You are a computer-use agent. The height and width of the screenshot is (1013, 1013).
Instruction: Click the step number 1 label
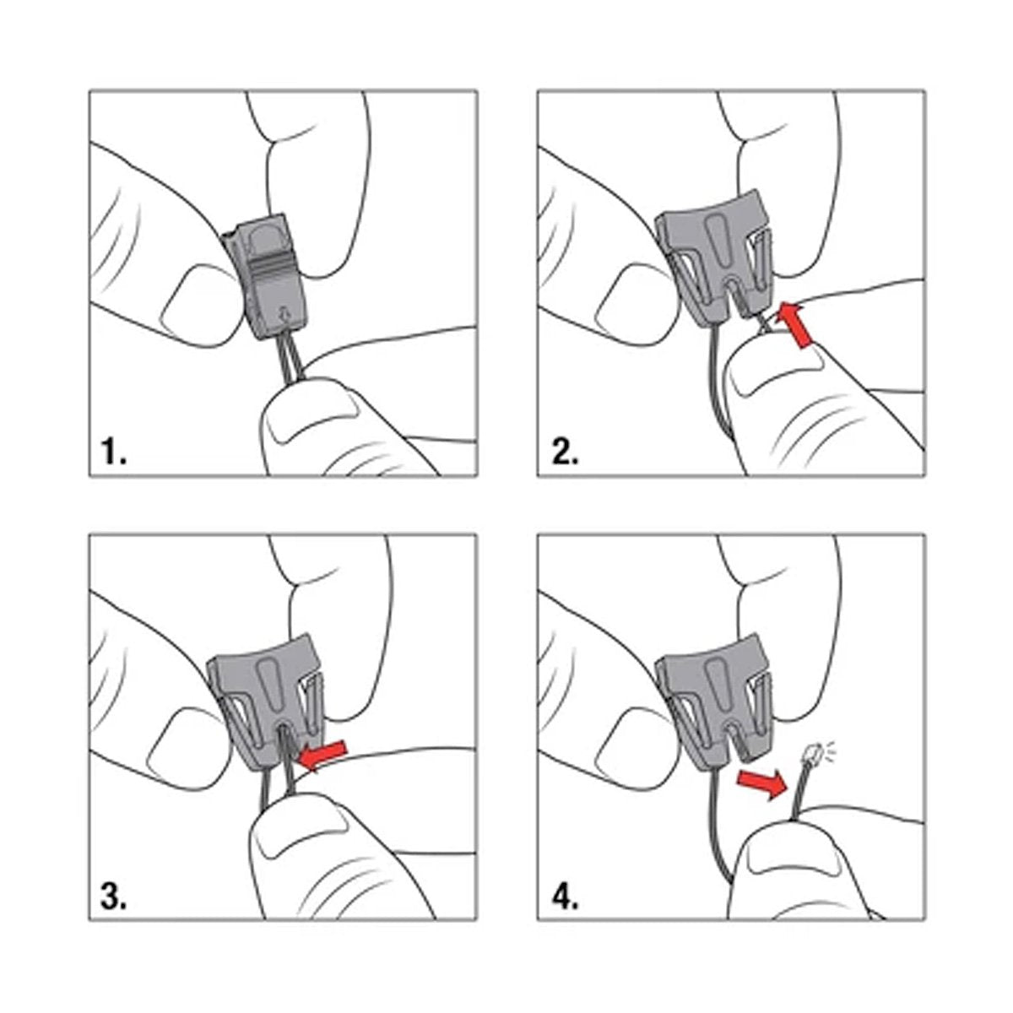[113, 452]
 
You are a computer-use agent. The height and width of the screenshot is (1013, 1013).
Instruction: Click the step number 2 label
[565, 452]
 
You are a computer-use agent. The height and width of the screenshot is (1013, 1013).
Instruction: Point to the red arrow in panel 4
[761, 783]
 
